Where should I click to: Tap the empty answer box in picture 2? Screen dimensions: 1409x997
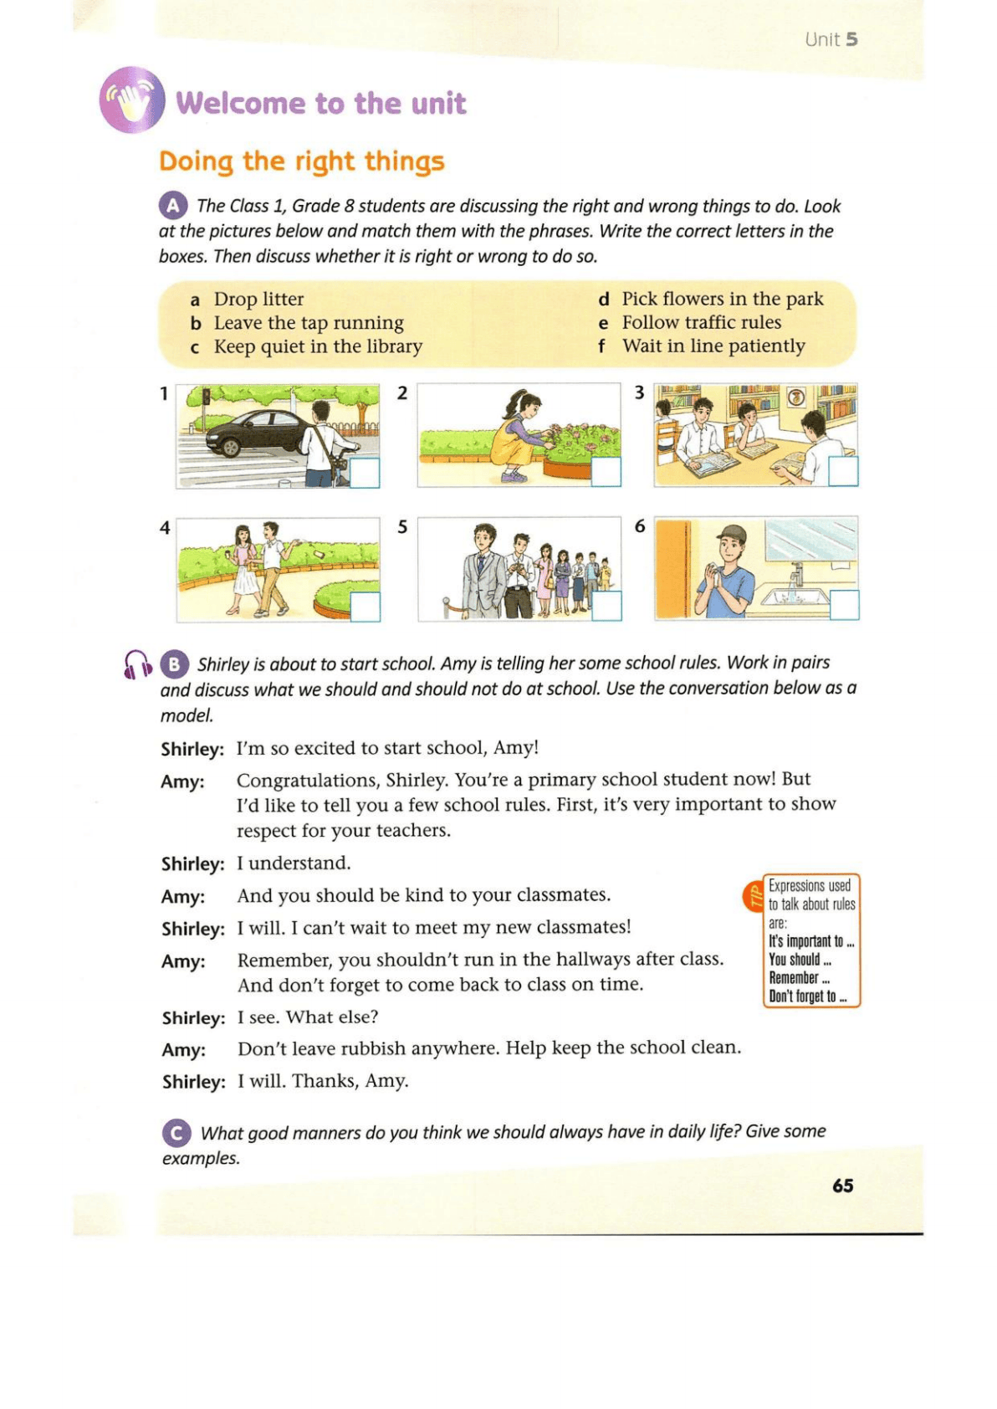click(606, 472)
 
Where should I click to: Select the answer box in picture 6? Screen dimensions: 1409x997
click(844, 605)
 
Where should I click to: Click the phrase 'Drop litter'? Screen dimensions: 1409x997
click(258, 299)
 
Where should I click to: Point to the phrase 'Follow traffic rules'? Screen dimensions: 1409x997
click(701, 322)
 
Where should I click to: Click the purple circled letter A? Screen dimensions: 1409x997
click(172, 205)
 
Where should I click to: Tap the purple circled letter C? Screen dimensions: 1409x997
click(176, 1133)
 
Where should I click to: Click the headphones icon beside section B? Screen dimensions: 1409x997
click(136, 664)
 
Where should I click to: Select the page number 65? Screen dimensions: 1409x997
click(842, 1186)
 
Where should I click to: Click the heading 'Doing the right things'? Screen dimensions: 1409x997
click(301, 161)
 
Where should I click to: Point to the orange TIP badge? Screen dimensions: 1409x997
click(753, 896)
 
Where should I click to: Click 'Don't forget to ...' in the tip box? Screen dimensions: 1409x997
click(807, 997)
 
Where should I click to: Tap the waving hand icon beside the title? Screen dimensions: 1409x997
click(132, 100)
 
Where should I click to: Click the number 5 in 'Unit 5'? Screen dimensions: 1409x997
click(851, 39)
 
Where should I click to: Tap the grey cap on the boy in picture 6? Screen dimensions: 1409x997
click(731, 533)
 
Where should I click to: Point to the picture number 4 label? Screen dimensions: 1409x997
click(165, 527)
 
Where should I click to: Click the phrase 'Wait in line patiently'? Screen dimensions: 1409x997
click(713, 346)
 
